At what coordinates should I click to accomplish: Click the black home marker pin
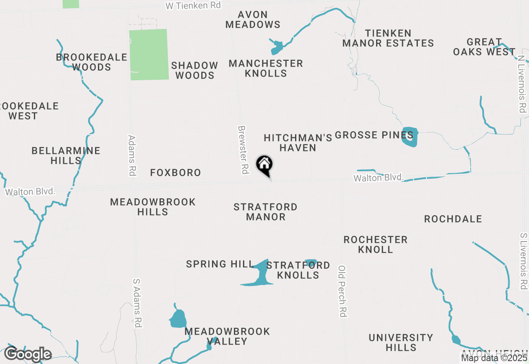[x=264, y=165]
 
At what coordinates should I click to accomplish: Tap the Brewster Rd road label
[x=243, y=149]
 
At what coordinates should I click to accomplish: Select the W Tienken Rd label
[x=193, y=5]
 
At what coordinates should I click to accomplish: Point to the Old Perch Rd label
[x=342, y=291]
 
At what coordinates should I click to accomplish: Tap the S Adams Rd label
[x=138, y=303]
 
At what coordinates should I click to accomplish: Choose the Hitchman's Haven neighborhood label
[x=298, y=143]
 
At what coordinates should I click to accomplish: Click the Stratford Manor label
[x=265, y=212]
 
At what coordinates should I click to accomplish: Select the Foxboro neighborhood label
[x=175, y=172]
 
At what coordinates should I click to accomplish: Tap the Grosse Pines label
[x=374, y=135]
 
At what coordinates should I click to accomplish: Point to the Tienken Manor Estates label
[x=388, y=38]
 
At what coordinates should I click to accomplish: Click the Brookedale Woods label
[x=91, y=62]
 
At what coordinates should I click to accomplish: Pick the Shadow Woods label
[x=194, y=70]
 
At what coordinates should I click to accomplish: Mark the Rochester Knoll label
[x=375, y=244]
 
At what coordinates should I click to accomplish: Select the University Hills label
[x=400, y=342]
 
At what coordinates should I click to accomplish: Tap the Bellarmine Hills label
[x=66, y=156]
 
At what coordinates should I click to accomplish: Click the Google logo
[x=28, y=354]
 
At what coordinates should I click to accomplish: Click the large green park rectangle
[x=149, y=54]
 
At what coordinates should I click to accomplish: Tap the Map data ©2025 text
[x=494, y=358]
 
